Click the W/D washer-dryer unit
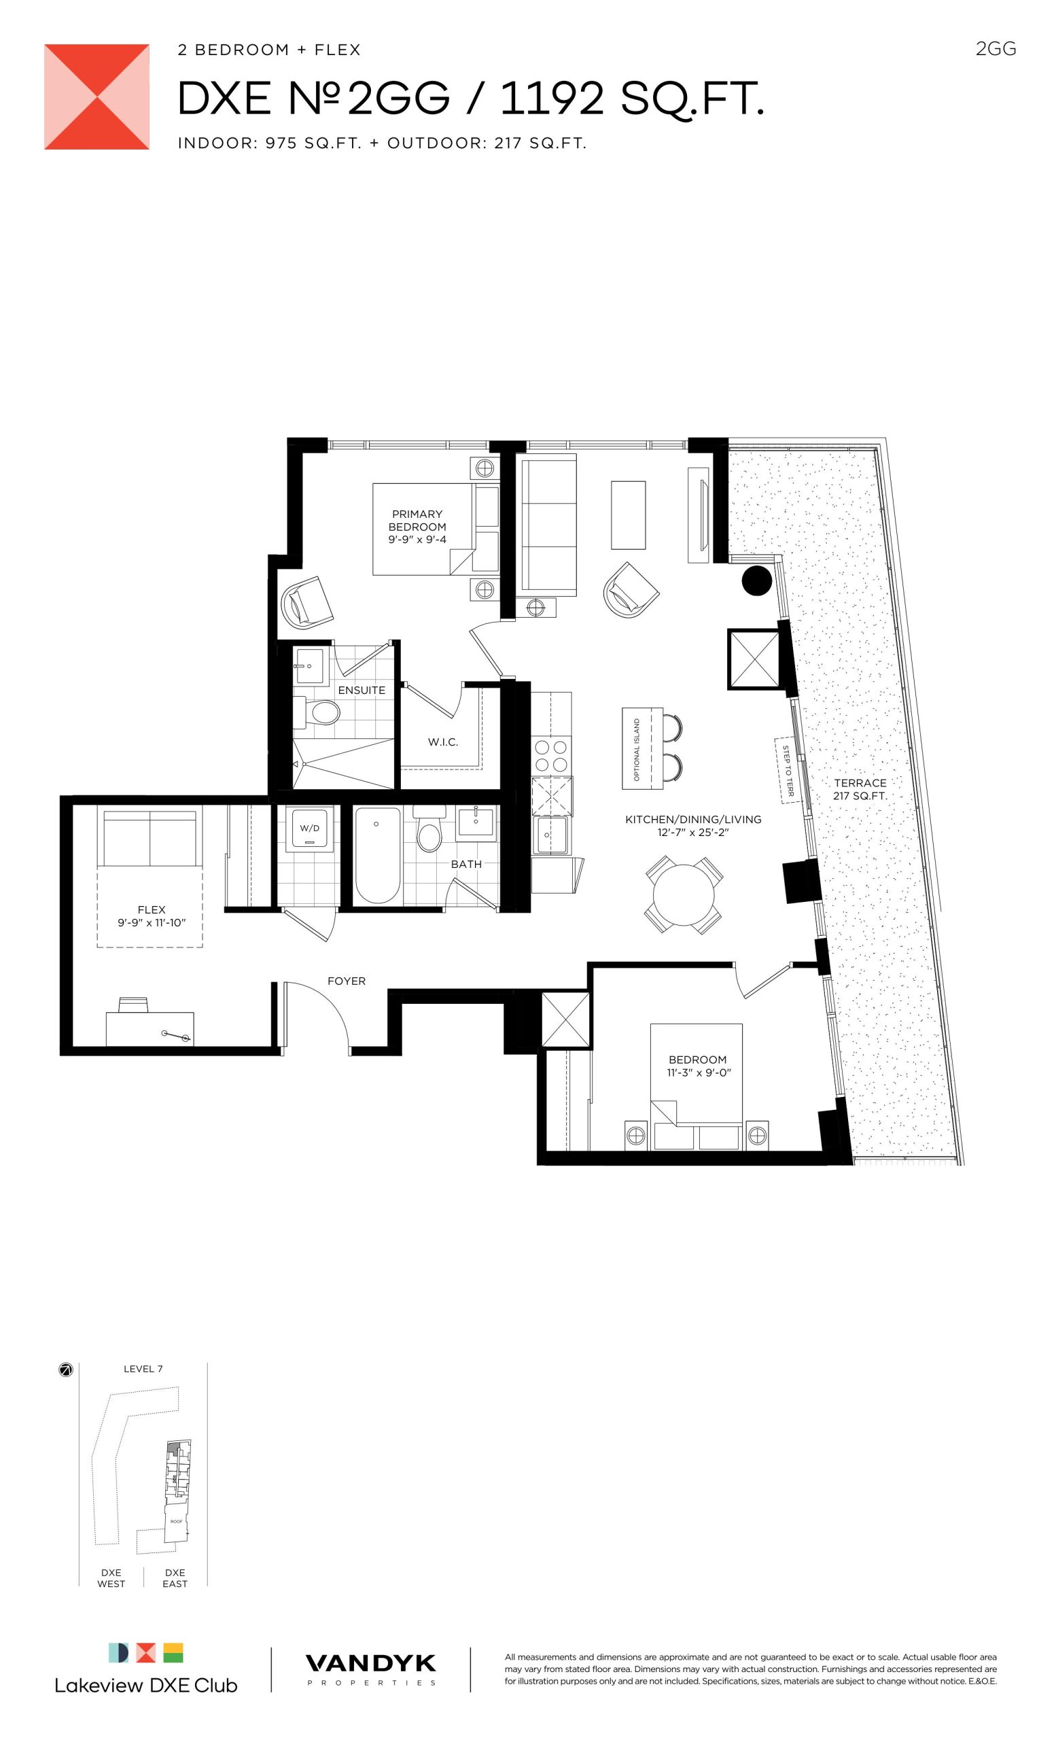[309, 828]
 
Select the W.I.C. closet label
[442, 742]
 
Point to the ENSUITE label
[362, 690]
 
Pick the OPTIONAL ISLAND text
[637, 750]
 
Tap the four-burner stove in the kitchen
[552, 755]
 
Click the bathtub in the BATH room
[378, 854]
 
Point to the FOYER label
[347, 981]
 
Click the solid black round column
[757, 580]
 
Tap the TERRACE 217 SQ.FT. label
[860, 790]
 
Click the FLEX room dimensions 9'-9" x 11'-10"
[152, 922]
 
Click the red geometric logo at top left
[96, 97]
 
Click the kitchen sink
[551, 835]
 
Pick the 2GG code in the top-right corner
[996, 49]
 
